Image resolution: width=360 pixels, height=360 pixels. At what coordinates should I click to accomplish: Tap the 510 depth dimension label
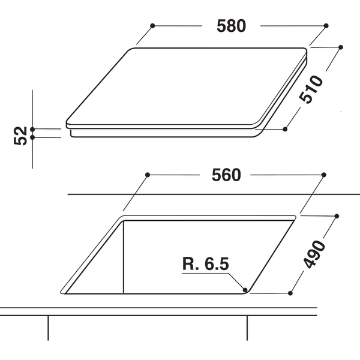coord(313,89)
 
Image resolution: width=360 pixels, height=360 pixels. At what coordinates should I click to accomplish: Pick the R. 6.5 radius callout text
coord(205,264)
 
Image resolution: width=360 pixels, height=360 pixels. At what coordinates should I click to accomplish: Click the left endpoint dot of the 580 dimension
coord(153,26)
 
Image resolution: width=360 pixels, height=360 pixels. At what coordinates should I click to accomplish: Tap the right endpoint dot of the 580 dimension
coord(326,26)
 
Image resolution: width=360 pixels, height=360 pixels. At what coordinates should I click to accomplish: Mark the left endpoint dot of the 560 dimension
coord(148,175)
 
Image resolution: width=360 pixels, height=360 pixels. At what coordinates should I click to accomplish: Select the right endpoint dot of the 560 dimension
coord(324,175)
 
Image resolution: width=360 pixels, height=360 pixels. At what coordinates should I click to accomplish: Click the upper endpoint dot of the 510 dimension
coord(341,47)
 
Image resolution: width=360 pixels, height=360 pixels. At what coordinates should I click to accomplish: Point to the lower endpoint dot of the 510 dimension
coord(286,128)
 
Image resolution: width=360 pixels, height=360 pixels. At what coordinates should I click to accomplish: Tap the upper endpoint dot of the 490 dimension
coord(338,215)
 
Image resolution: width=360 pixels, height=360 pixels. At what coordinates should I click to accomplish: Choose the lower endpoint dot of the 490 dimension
coord(290,293)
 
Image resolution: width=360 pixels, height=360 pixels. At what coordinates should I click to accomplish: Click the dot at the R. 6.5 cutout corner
coord(246,290)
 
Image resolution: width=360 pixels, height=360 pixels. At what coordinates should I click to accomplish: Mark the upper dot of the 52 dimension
coord(32,129)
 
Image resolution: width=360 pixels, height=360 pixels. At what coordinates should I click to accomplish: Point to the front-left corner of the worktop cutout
coord(64,292)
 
